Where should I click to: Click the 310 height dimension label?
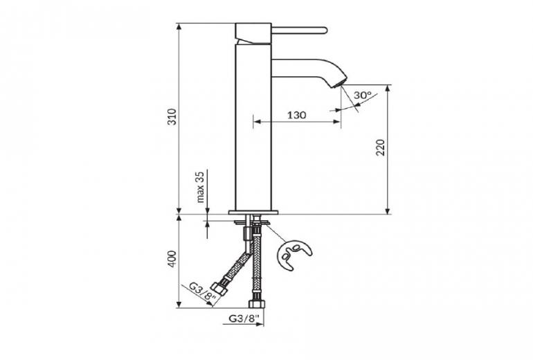[x=172, y=116]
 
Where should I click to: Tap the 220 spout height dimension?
[x=381, y=147]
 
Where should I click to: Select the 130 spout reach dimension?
[x=297, y=115]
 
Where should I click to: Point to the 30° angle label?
[x=363, y=95]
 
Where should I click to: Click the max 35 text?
[x=201, y=187]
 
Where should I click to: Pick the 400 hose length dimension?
[x=172, y=259]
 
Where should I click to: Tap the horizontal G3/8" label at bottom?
[x=244, y=318]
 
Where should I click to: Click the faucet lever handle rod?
[x=299, y=30]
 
